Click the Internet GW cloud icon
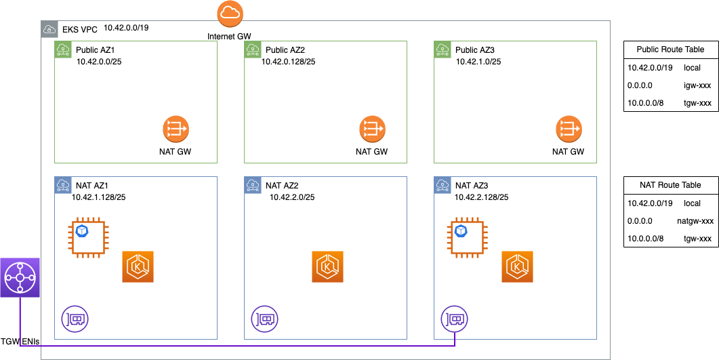230,14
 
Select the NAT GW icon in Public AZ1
176,129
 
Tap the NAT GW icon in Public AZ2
371,129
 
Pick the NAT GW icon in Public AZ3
569,129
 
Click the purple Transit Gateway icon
20,277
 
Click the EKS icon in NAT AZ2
329,267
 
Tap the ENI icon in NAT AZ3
455,318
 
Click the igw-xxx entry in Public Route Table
697,85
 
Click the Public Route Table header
670,49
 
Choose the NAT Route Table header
670,185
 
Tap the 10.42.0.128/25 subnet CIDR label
289,62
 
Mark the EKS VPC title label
80,29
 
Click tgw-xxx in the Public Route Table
697,103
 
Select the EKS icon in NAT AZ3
518,267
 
